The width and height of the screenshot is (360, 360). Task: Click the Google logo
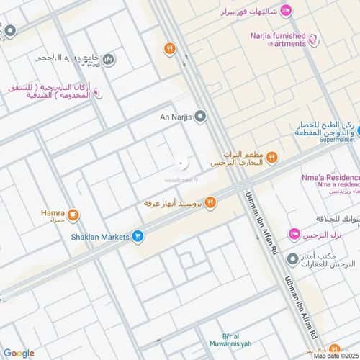coord(19,353)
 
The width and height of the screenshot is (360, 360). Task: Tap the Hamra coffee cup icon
coord(74,215)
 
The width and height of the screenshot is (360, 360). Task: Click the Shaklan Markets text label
coord(102,235)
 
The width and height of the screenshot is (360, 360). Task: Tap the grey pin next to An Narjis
coord(200,115)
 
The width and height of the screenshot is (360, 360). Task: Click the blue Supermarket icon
coord(357,131)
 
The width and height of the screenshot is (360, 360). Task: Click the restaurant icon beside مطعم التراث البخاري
coord(272,158)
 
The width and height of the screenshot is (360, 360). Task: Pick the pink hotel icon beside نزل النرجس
coord(294,235)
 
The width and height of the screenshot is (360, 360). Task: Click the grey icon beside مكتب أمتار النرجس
coord(292,258)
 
